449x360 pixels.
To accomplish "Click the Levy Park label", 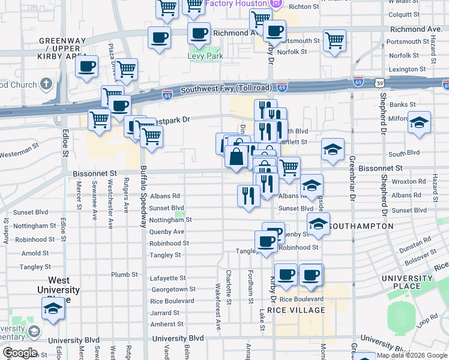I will tap(205, 56).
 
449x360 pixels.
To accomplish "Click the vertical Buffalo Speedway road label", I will tap(143, 196).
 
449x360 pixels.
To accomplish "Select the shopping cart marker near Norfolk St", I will tap(334, 41).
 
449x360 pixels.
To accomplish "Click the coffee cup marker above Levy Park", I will tap(199, 34).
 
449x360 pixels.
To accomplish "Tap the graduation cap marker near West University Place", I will tap(53, 309).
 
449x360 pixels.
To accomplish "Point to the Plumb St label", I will tap(124, 275).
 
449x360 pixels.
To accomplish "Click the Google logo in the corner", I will tap(20, 353).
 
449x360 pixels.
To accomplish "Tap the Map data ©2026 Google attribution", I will tap(411, 355).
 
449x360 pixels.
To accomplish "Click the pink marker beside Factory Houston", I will tap(276, 4).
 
